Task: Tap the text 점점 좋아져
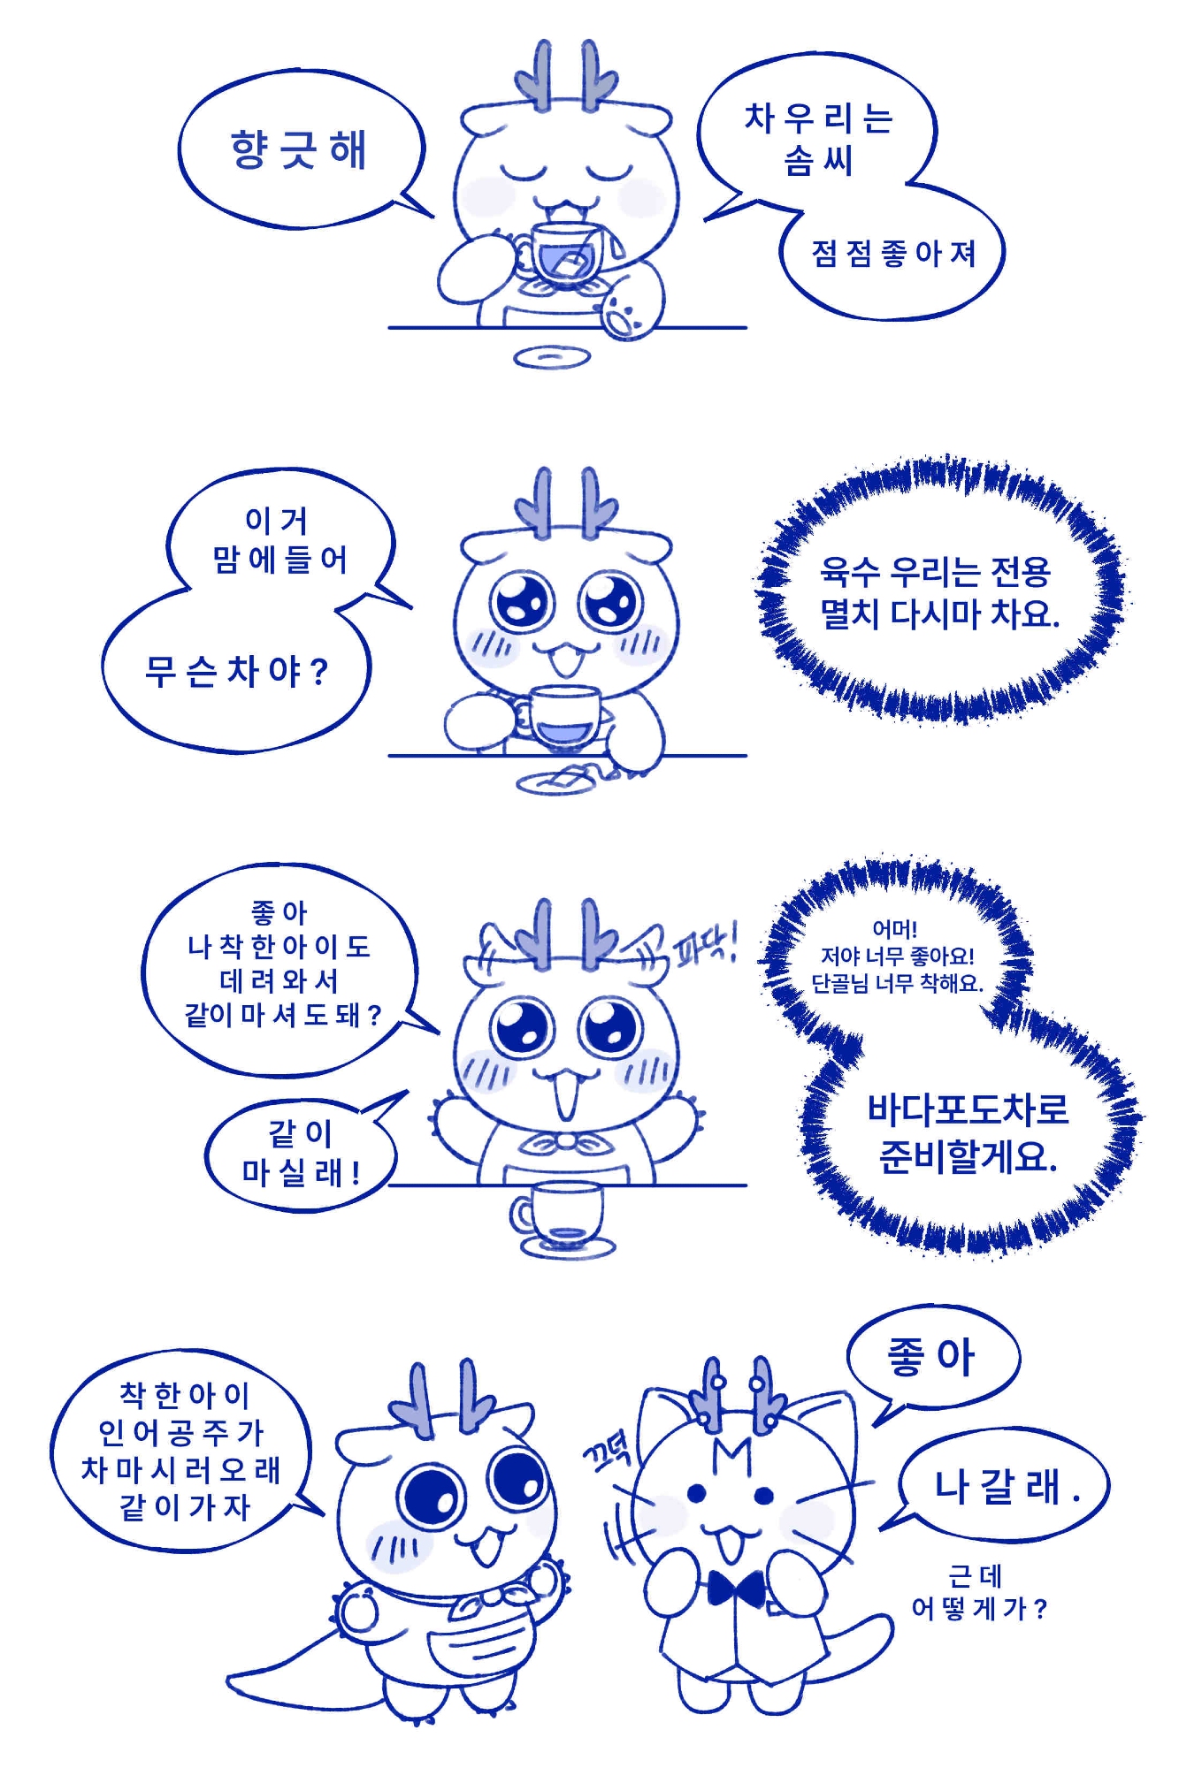(x=893, y=255)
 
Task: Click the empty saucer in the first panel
(x=552, y=357)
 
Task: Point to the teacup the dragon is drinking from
(x=566, y=251)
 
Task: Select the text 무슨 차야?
(x=236, y=672)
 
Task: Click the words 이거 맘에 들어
(x=279, y=540)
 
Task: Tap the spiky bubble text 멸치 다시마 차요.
(x=939, y=613)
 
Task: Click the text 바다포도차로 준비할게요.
(x=968, y=1132)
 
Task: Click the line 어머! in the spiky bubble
(x=894, y=929)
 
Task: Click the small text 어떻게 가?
(x=979, y=1608)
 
